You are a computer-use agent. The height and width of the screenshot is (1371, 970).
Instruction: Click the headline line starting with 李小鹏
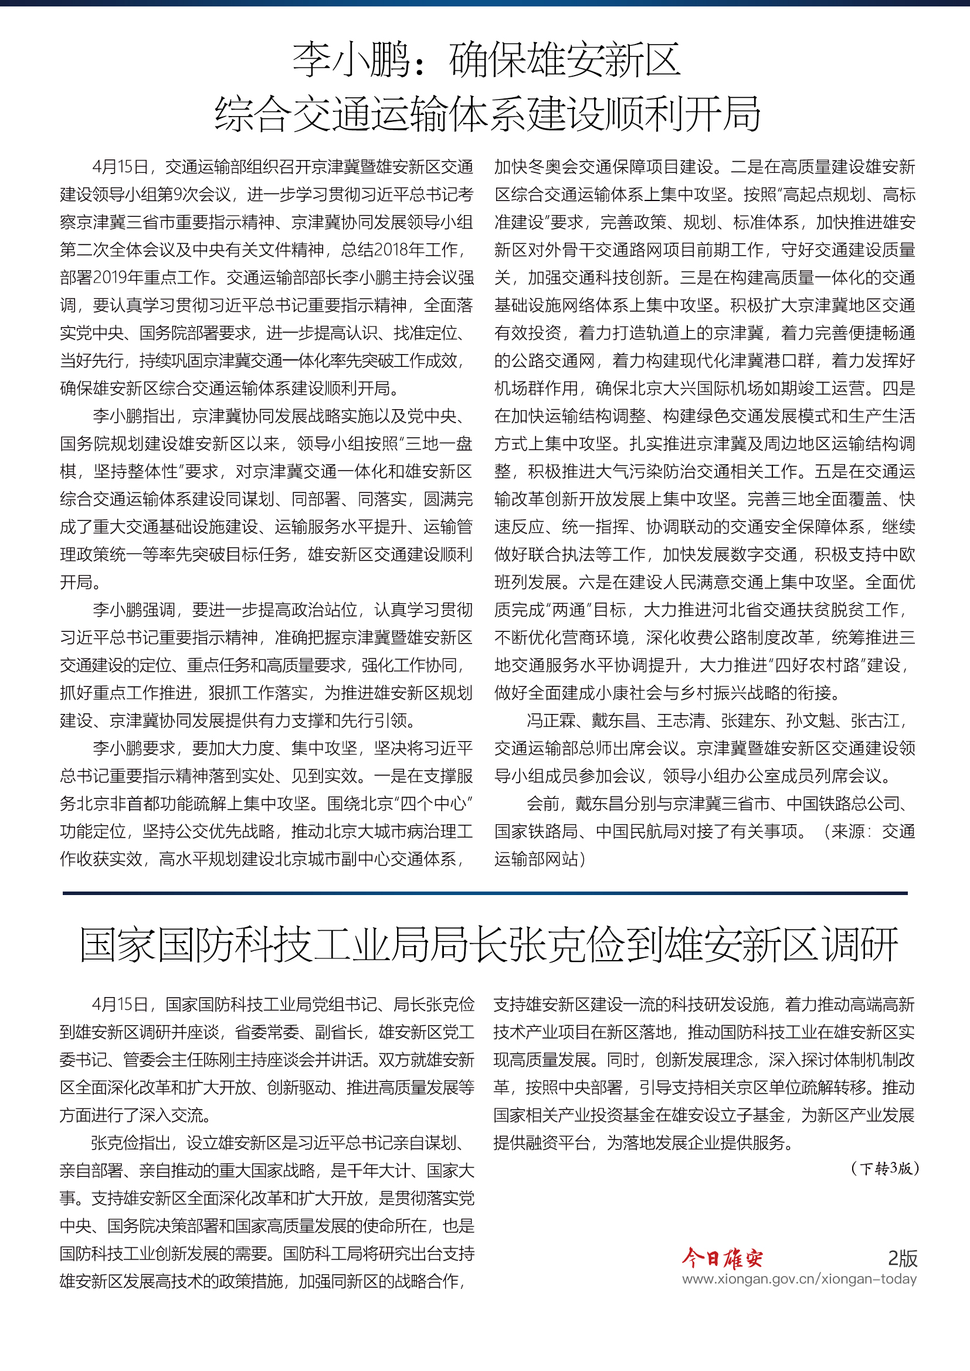486,60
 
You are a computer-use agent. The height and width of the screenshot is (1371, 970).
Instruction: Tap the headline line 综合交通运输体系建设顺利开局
486,114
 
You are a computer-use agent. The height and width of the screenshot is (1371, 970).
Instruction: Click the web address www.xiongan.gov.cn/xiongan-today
799,1279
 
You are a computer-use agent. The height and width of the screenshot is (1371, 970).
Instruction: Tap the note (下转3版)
884,1169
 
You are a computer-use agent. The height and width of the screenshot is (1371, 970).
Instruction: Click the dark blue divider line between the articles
485,893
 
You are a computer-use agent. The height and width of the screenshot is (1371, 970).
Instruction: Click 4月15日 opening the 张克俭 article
120,1005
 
